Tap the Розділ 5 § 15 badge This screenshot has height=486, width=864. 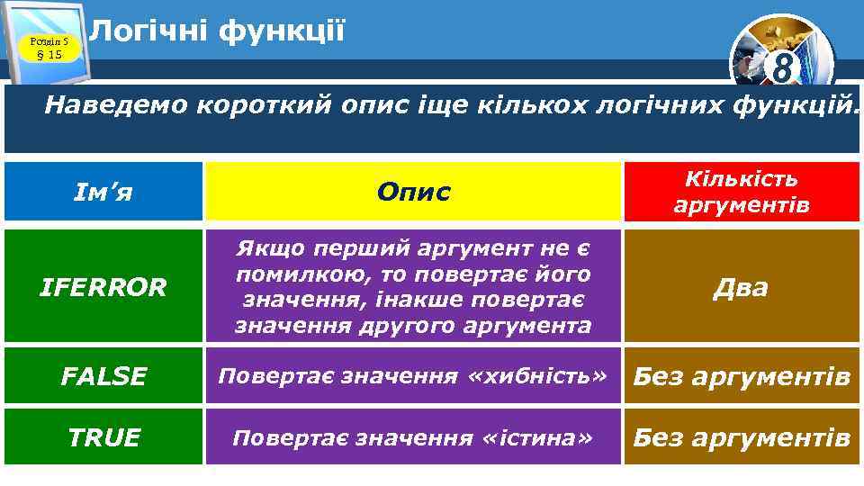[43, 48]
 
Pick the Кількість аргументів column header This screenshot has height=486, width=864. [742, 193]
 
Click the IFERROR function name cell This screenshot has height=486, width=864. [103, 288]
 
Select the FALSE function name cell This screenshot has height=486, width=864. [103, 376]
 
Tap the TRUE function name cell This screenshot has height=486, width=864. [104, 438]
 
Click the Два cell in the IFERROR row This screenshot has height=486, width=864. [742, 288]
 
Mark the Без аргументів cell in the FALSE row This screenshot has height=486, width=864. [742, 376]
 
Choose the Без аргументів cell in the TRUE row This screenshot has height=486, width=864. [742, 438]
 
